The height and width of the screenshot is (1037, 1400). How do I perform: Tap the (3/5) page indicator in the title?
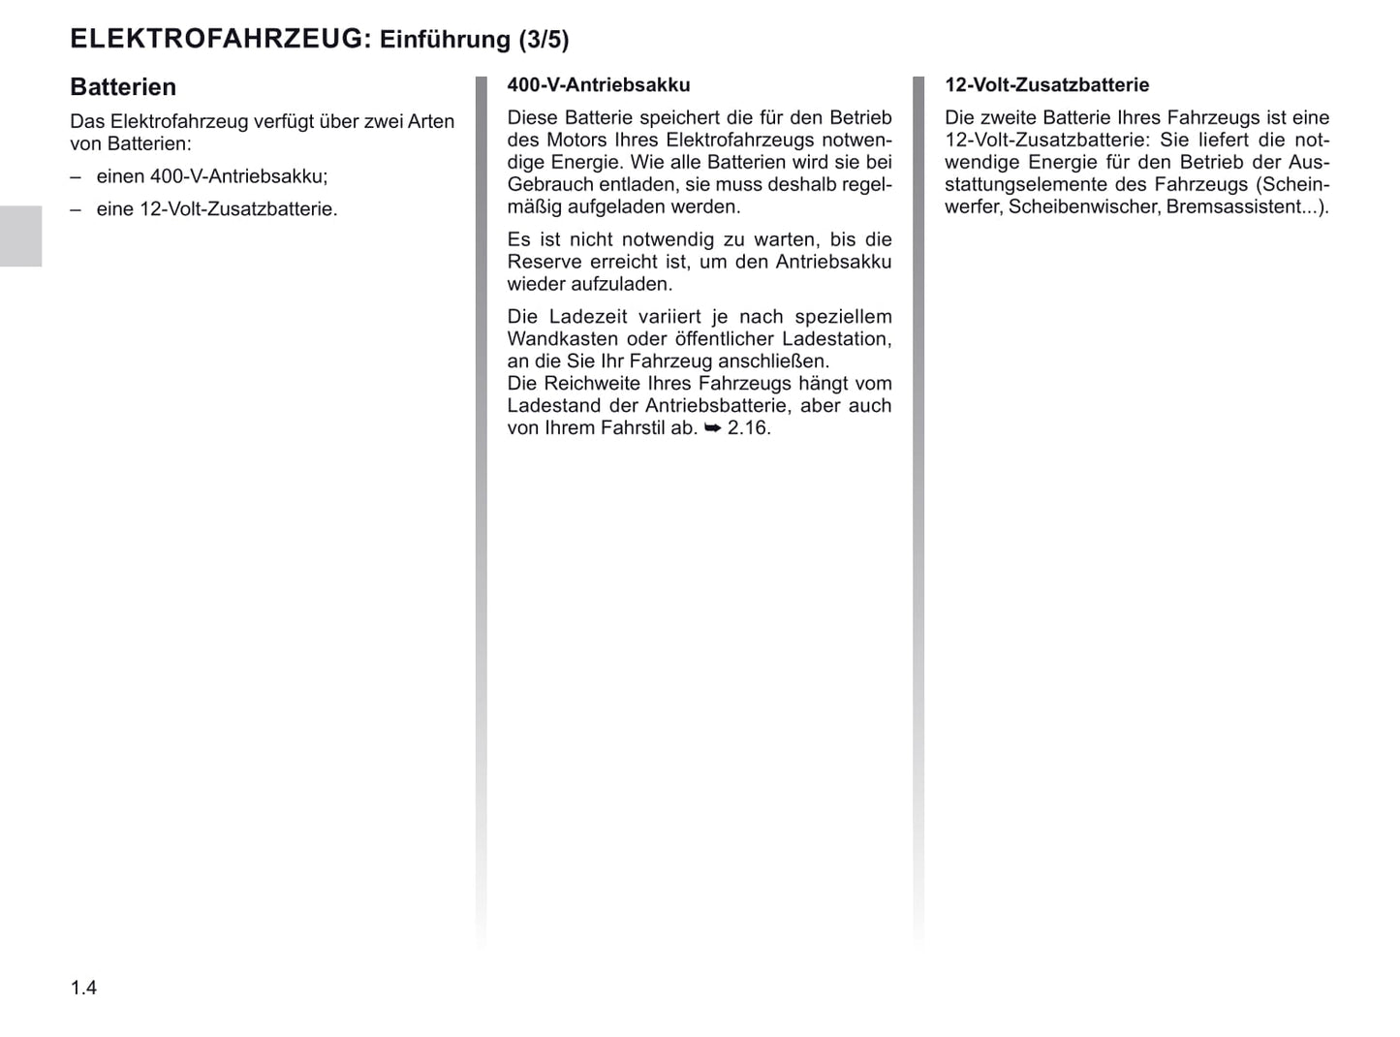click(x=544, y=40)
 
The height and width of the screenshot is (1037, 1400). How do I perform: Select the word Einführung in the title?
click(x=445, y=40)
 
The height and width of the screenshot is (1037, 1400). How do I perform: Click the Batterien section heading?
click(x=123, y=87)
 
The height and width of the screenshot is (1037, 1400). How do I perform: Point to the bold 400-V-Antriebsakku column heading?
click(x=598, y=85)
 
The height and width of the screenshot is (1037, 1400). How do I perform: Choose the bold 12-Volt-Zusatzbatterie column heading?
click(x=1046, y=85)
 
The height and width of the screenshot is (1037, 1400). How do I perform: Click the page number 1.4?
click(x=83, y=988)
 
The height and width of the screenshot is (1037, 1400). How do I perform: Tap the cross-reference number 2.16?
click(x=748, y=428)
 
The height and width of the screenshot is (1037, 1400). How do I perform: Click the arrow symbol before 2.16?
click(x=712, y=428)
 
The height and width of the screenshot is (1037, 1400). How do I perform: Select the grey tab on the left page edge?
click(x=20, y=236)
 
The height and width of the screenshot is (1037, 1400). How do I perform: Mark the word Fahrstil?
click(x=631, y=428)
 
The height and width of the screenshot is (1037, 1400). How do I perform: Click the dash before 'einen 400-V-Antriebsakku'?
click(x=76, y=176)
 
